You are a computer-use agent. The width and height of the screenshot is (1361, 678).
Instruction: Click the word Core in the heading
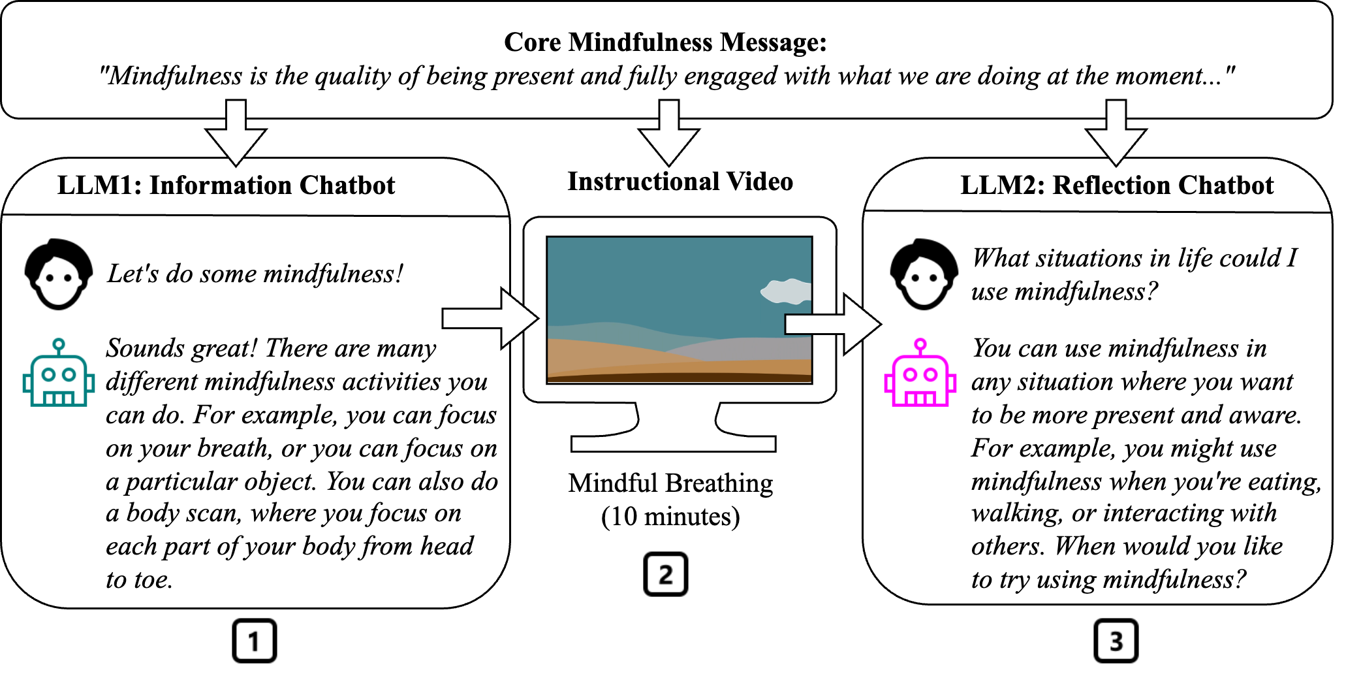(532, 42)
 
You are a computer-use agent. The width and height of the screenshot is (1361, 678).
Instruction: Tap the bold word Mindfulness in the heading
(640, 42)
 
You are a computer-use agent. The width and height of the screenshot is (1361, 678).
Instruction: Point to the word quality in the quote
(353, 76)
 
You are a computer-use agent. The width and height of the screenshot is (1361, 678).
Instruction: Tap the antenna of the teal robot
(59, 344)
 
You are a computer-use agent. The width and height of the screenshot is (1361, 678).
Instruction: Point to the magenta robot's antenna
(920, 344)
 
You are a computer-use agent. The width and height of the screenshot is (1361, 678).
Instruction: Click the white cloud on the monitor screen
(787, 291)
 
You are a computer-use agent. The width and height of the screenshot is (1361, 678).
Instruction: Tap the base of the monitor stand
(673, 443)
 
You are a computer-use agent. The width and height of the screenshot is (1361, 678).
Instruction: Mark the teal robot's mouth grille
(59, 397)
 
